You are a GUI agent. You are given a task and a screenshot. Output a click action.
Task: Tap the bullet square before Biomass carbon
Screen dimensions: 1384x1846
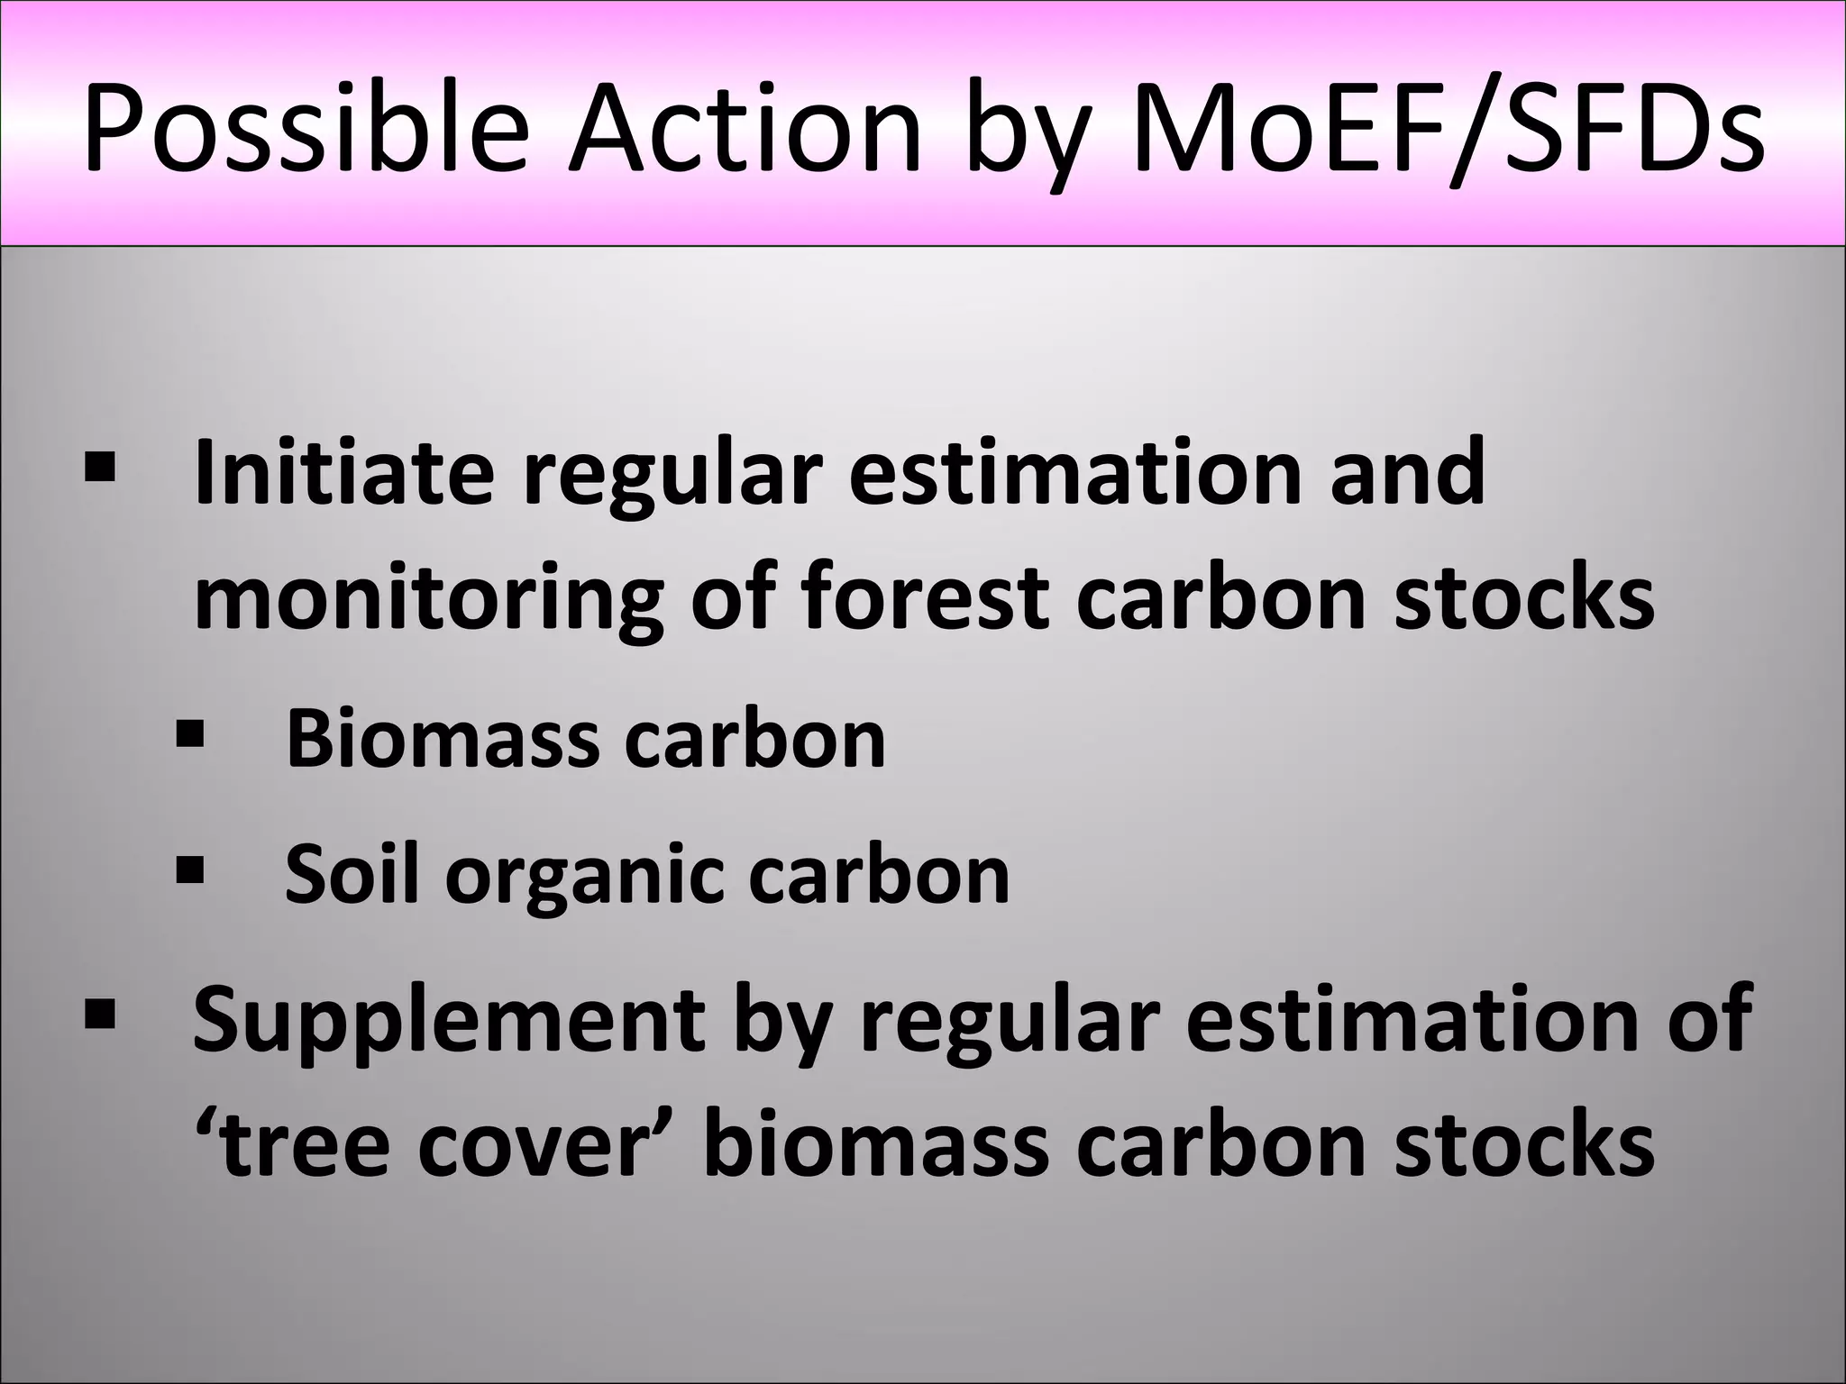[x=190, y=733]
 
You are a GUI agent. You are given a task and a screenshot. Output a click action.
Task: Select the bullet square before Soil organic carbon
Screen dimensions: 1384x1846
[x=190, y=870]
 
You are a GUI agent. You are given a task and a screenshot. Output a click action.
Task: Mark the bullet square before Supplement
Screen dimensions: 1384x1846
[x=98, y=1013]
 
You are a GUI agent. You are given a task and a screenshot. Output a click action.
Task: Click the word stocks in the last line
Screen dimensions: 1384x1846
[x=1524, y=1146]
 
